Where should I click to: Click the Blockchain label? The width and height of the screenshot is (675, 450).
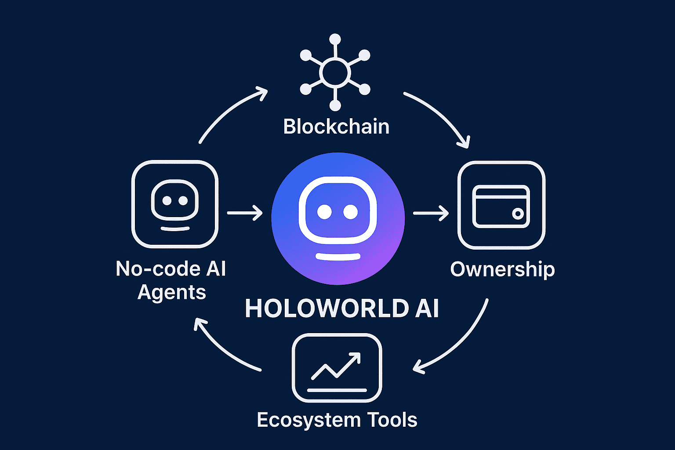click(x=336, y=127)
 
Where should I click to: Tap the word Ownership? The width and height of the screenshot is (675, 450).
click(x=502, y=269)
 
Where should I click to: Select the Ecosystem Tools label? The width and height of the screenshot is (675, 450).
click(x=337, y=420)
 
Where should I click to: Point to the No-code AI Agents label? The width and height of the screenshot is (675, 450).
click(x=171, y=280)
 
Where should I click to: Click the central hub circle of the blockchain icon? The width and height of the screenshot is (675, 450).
click(x=335, y=73)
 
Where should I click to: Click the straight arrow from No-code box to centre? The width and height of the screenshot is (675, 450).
click(x=245, y=213)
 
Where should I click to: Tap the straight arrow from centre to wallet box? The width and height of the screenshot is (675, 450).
click(x=431, y=214)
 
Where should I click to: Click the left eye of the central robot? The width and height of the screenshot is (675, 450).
click(x=324, y=212)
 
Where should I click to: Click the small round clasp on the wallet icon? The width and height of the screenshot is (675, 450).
click(x=518, y=214)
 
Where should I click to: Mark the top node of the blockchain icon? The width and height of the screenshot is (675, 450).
click(x=335, y=39)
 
